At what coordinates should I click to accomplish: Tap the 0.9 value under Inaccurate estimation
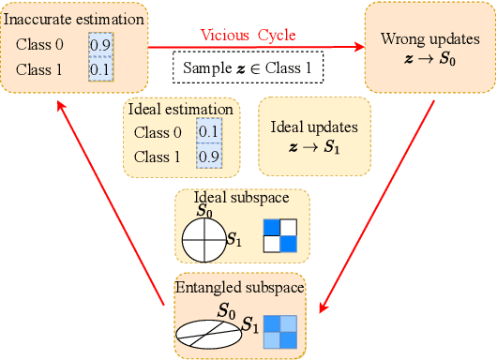(100, 43)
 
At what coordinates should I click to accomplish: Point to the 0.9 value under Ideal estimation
(207, 157)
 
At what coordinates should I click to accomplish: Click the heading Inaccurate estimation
(73, 19)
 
